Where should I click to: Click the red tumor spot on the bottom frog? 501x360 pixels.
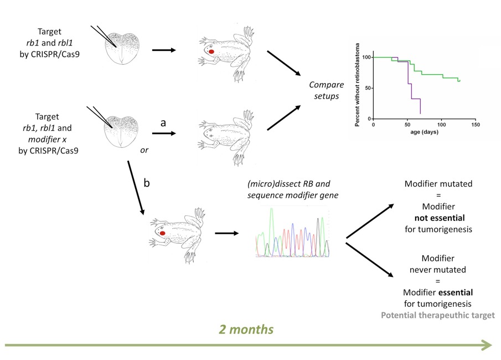point(163,233)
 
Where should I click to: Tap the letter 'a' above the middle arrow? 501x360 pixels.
point(163,123)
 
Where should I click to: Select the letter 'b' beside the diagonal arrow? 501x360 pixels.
point(147,183)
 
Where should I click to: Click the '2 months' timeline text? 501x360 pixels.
point(246,329)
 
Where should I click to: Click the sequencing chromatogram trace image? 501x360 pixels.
point(291,232)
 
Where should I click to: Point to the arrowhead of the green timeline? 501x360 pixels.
point(487,346)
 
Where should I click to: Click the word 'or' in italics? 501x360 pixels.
point(143,150)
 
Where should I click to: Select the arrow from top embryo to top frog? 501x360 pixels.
point(164,50)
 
